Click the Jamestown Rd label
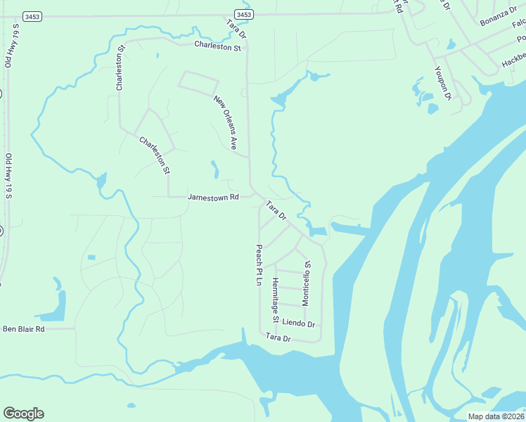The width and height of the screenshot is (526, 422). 213,198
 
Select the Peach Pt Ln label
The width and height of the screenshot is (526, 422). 258,264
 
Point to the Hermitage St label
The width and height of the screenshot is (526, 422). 276,300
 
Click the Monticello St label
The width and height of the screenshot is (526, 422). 306,283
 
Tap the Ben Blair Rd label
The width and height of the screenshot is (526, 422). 23,328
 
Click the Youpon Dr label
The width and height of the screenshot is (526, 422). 442,83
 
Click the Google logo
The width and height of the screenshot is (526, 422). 23,414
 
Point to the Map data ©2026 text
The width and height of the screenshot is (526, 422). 496,416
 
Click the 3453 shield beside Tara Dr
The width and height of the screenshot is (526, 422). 243,14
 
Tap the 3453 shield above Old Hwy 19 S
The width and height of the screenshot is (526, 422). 31,15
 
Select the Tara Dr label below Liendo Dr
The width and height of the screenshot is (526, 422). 278,338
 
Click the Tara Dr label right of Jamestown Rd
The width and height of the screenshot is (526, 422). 276,210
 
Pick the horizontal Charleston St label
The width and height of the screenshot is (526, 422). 217,48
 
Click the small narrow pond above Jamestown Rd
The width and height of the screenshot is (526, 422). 214,170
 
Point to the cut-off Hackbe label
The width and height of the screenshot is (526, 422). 513,62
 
